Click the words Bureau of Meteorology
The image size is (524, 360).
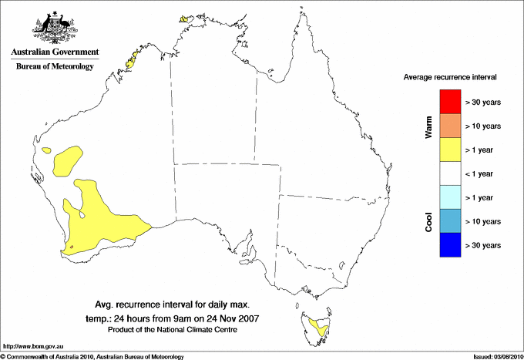coord(55,66)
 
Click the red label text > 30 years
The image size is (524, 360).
coord(484,101)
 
